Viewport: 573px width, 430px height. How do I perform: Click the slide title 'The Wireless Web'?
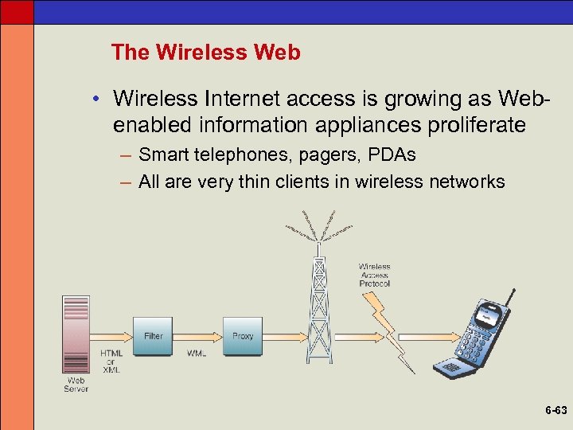click(206, 53)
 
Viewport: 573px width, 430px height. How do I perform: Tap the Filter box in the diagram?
click(154, 335)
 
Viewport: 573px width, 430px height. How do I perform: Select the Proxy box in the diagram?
click(243, 335)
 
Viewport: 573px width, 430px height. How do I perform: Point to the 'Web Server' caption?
click(76, 385)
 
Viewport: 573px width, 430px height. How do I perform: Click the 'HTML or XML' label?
click(111, 362)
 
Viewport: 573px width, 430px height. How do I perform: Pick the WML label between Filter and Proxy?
click(197, 353)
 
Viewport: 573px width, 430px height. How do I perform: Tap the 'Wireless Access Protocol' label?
click(374, 276)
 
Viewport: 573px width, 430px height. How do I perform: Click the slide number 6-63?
click(555, 411)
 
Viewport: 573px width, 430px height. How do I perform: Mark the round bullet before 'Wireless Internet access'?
click(94, 99)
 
